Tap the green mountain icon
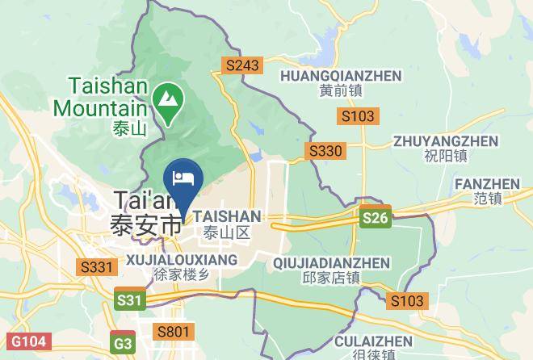pos(169,101)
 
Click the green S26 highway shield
pos(375,218)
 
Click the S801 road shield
pos(174,331)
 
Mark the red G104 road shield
pos(23,342)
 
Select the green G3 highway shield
pos(124,341)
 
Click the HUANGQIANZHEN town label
pos(340,76)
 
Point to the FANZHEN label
pos(489,184)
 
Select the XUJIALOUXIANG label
pos(182,260)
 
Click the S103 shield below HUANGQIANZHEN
pos(357,116)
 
